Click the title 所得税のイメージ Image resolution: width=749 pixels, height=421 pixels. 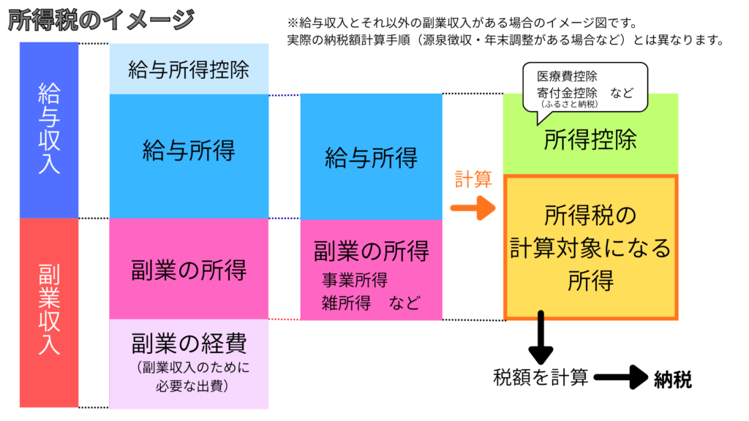(100, 20)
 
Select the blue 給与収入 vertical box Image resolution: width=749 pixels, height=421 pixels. (49, 130)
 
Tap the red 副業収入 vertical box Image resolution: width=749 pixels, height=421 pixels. (49, 313)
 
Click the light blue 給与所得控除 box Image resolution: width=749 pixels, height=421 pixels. (189, 69)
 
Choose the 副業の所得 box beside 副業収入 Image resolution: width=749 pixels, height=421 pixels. (189, 269)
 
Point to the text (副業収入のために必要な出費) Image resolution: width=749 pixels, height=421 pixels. (189, 375)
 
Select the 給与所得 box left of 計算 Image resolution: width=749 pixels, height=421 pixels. (371, 157)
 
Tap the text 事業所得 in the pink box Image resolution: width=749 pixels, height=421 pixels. (355, 280)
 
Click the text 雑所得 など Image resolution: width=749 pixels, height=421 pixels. (372, 302)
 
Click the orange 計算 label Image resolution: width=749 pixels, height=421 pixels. (473, 180)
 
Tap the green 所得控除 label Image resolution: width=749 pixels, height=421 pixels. (590, 141)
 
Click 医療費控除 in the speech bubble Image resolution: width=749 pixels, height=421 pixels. (567, 77)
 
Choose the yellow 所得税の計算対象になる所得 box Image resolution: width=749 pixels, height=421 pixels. (590, 247)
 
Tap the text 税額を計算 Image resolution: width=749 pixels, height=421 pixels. (541, 378)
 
